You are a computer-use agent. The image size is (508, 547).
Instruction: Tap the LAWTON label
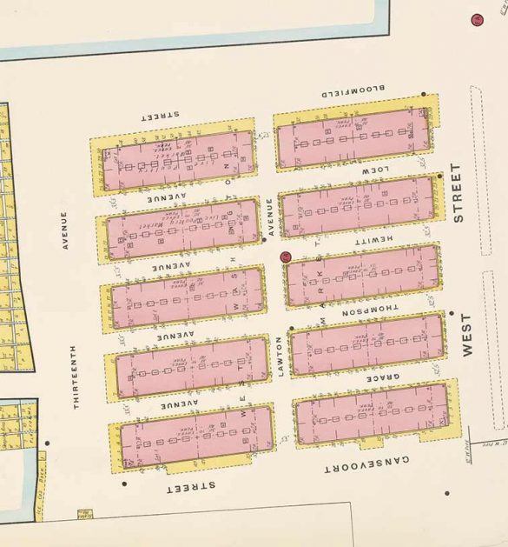click(280, 357)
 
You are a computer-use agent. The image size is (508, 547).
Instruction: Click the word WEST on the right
click(470, 336)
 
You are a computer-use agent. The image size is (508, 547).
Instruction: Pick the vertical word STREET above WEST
click(458, 192)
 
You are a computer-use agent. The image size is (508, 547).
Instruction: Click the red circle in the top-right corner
click(476, 19)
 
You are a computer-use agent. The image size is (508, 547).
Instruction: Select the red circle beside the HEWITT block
click(285, 257)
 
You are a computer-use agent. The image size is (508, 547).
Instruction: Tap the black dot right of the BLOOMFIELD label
click(423, 94)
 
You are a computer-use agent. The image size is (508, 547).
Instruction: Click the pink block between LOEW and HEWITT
click(358, 207)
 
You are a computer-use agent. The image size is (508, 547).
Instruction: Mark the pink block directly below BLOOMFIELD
click(353, 137)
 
